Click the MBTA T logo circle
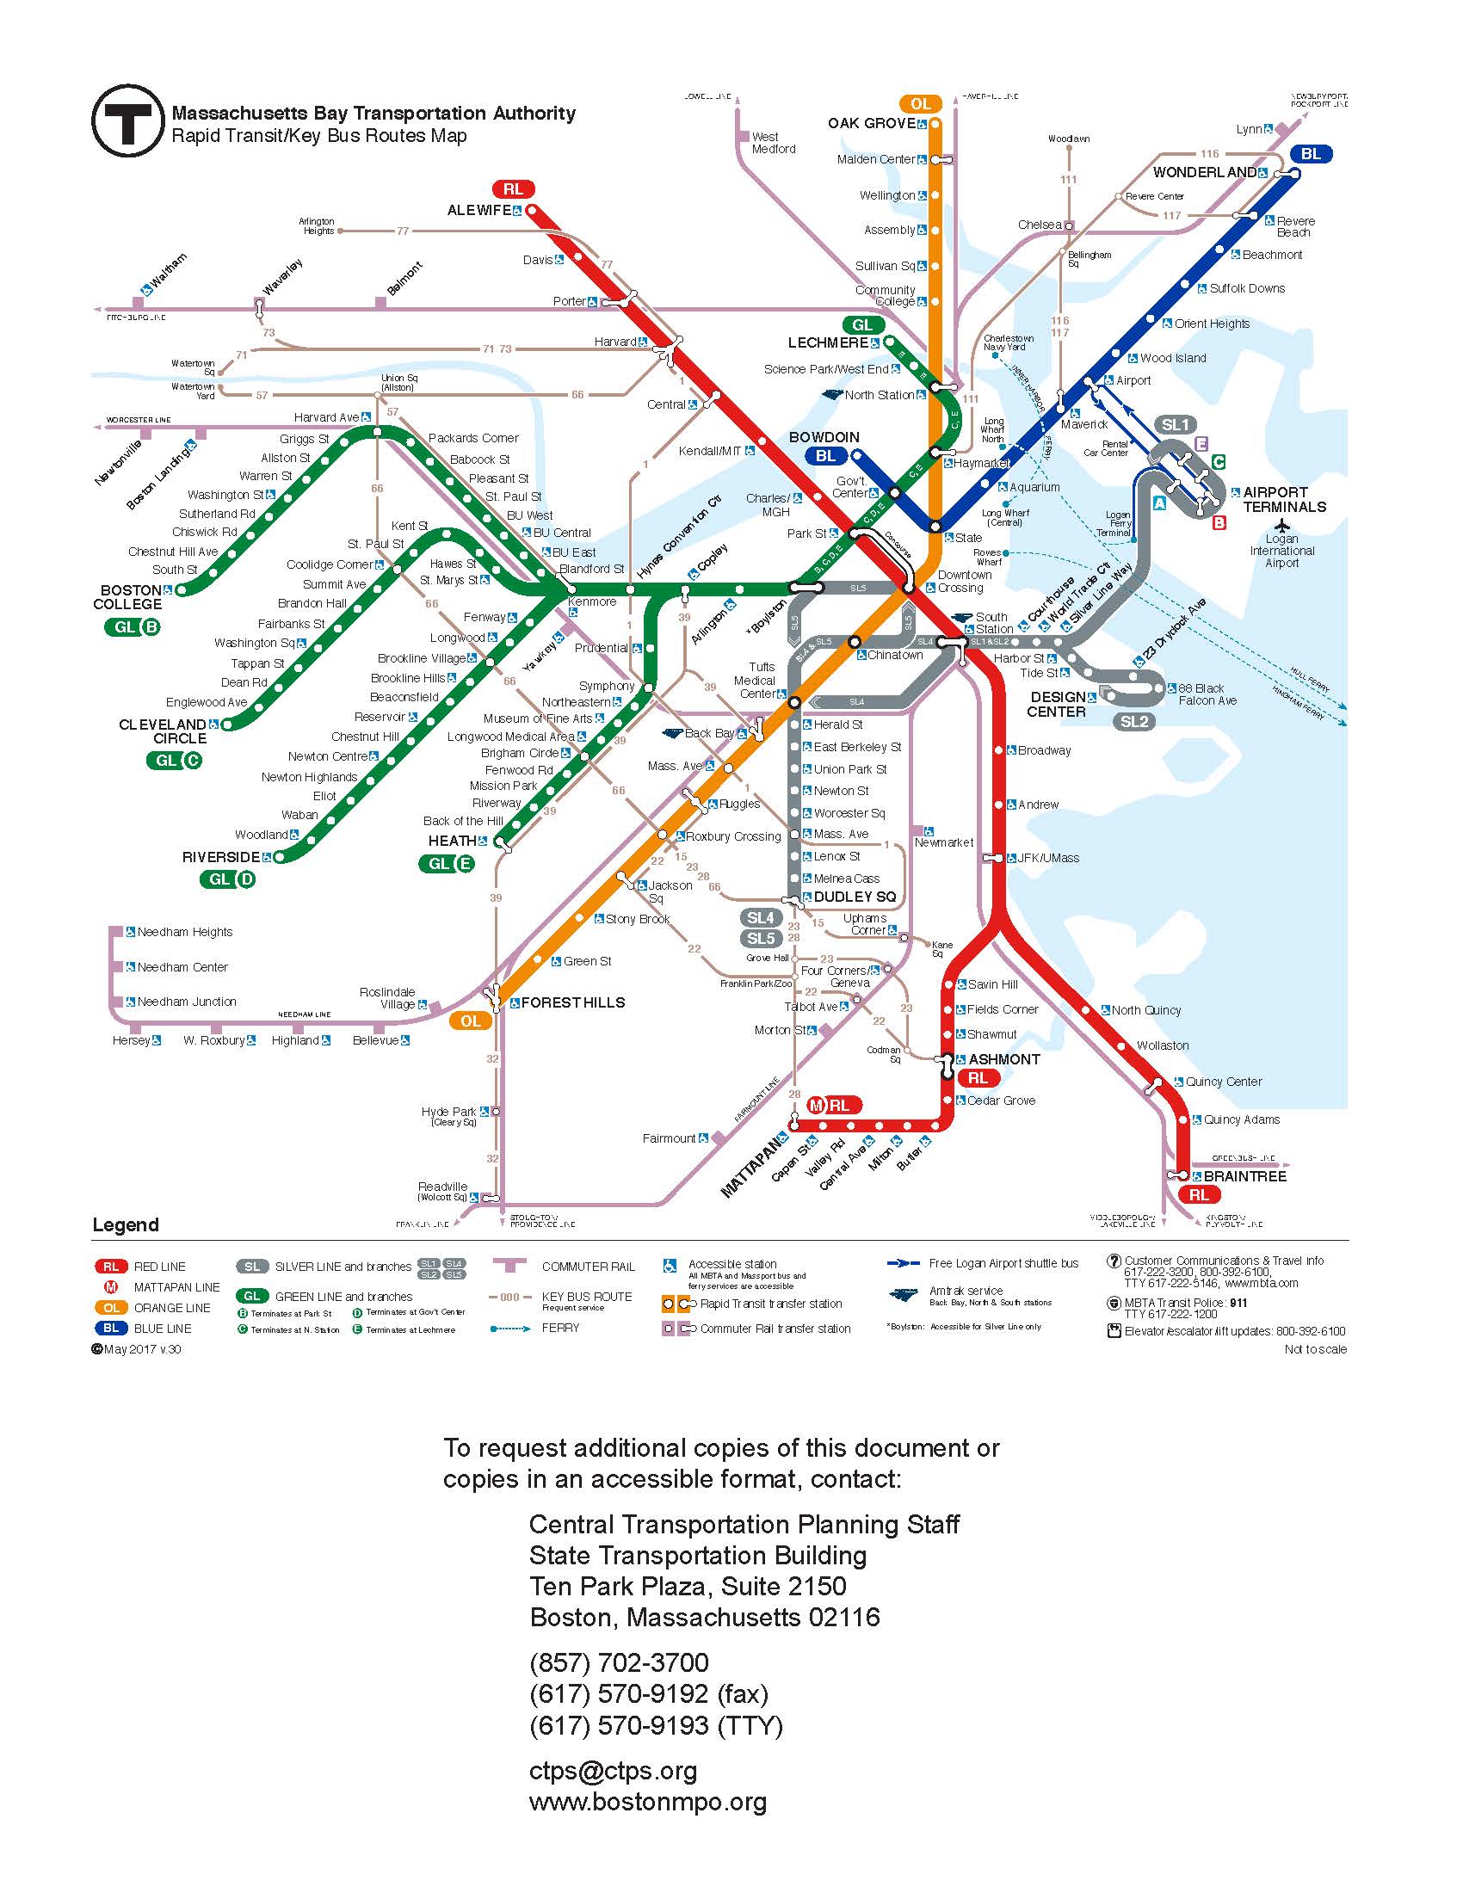(x=127, y=120)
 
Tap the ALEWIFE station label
(x=478, y=211)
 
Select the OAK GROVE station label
(x=871, y=123)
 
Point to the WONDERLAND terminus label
(x=1203, y=172)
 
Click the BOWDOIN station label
(x=824, y=437)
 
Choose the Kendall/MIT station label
(x=710, y=451)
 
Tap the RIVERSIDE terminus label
(x=220, y=857)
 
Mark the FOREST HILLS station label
(x=572, y=1002)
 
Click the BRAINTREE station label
(x=1244, y=1176)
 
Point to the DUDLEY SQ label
(x=854, y=897)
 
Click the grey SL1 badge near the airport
(x=1175, y=425)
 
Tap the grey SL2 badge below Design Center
(x=1133, y=721)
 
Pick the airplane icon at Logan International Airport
(x=1282, y=525)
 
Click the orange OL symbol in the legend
(x=111, y=1308)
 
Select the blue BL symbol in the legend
(x=111, y=1328)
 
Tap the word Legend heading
(x=126, y=1224)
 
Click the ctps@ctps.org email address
(x=613, y=1772)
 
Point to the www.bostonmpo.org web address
(x=647, y=1803)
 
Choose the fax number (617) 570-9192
(x=648, y=1693)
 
